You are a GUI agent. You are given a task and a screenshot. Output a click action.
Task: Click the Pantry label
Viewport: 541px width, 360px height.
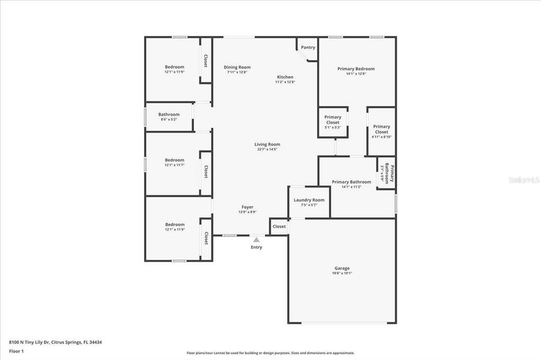tap(308, 47)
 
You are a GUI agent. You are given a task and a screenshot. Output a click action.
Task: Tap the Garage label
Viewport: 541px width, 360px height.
tap(342, 268)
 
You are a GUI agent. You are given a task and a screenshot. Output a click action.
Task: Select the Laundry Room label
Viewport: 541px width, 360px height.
tap(309, 200)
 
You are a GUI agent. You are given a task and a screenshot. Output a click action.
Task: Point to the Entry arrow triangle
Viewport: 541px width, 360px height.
tap(256, 240)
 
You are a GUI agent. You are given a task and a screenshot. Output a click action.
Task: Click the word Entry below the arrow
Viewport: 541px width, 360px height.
tap(256, 247)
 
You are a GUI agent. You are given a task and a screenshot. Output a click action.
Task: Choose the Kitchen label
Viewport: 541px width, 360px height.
tap(285, 77)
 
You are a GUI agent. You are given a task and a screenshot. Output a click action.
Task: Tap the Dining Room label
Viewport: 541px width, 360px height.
tap(237, 67)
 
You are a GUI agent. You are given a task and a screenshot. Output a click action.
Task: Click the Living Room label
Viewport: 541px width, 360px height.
tap(267, 144)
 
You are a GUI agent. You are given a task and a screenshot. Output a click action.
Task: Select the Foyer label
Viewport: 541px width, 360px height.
tap(247, 206)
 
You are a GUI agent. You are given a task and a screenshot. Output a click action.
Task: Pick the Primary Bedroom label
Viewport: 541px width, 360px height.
tap(356, 69)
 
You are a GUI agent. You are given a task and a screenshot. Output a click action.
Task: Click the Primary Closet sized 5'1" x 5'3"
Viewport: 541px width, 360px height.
tap(333, 119)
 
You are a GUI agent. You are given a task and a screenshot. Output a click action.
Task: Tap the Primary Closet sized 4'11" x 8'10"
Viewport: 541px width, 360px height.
tap(382, 129)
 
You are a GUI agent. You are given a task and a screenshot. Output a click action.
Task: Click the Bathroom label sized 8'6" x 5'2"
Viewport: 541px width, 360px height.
tap(169, 115)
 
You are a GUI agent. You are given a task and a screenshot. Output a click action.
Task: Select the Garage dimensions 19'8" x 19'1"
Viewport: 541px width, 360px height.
tap(342, 274)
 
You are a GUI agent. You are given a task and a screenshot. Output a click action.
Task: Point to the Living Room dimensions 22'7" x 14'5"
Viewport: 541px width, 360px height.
tap(267, 149)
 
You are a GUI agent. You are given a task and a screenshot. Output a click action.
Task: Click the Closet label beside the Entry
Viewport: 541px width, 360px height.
tap(279, 227)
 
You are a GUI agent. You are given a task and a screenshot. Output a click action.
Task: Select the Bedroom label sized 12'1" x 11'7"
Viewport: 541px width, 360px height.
tap(175, 160)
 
